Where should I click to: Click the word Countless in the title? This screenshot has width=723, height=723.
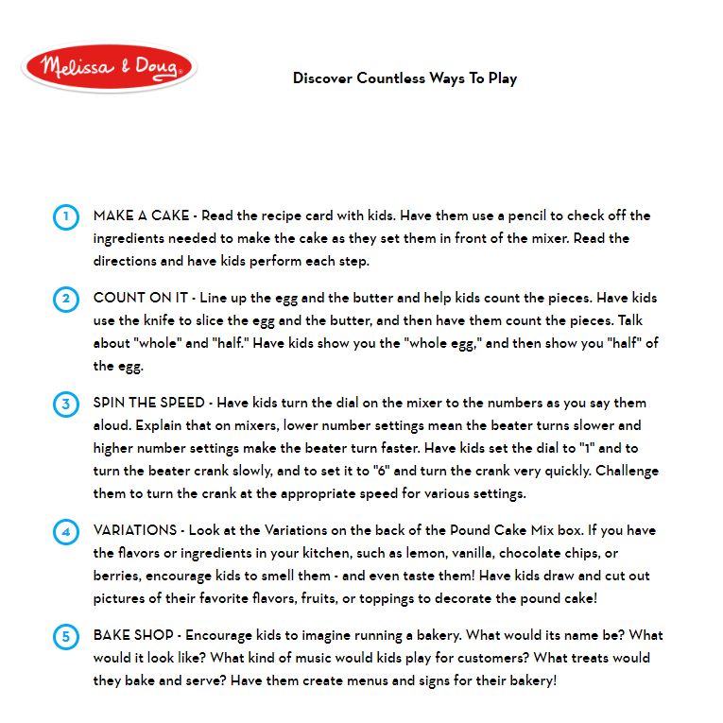[391, 78]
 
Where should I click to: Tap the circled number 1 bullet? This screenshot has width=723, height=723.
[65, 216]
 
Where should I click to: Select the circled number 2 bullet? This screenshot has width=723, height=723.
[65, 300]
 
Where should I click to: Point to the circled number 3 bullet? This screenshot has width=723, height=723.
[65, 405]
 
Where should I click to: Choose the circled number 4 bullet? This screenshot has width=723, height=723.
[65, 532]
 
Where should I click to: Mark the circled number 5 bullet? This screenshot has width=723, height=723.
[65, 637]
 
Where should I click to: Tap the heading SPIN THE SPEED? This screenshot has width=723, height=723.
[149, 403]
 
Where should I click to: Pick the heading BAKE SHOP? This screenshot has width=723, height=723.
[131, 635]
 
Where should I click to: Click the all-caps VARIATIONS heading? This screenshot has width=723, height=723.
[135, 530]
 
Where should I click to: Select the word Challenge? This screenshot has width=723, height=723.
[625, 471]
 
